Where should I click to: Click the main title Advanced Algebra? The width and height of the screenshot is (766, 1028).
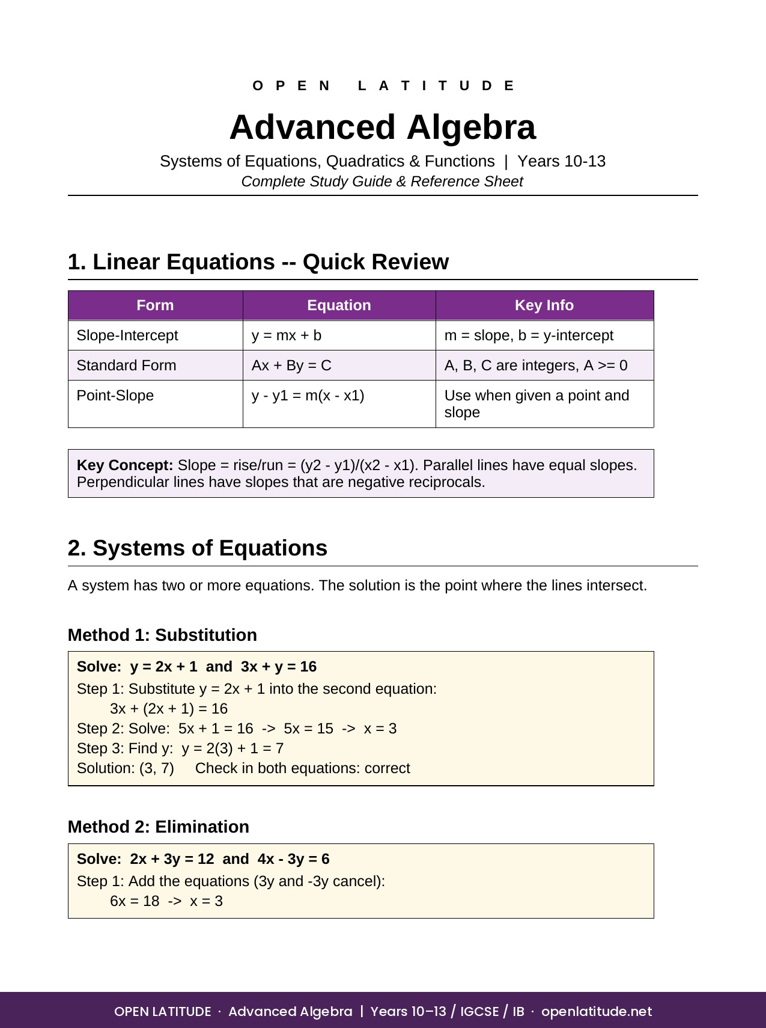point(382,127)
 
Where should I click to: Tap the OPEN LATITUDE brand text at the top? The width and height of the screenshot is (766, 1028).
point(383,86)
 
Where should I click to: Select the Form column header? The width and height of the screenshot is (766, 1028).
point(155,305)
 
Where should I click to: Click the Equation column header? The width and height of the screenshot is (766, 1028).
point(339,305)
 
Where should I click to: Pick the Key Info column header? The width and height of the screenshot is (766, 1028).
point(544,305)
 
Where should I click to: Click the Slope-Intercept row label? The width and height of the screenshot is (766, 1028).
point(127,335)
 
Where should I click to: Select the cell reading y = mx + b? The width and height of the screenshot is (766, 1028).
point(287,335)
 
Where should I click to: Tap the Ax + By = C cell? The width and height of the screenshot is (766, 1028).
point(291,366)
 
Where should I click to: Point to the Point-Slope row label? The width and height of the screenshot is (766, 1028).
point(115,396)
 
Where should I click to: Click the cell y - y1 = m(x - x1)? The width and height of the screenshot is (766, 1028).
point(308,396)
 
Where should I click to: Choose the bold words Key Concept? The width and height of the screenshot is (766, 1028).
point(125,465)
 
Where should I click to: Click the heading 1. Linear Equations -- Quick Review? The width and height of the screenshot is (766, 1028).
point(258,262)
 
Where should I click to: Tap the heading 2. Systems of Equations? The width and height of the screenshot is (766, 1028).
point(198,548)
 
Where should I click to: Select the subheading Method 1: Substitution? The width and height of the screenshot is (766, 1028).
point(162,635)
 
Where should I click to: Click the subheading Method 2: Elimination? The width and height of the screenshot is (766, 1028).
point(159,827)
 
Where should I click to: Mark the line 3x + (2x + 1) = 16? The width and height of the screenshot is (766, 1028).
point(169,709)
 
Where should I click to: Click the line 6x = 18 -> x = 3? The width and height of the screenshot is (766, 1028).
point(166,901)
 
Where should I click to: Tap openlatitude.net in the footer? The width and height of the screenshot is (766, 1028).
point(596,1011)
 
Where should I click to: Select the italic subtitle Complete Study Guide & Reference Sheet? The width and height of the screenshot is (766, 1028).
point(382,182)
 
